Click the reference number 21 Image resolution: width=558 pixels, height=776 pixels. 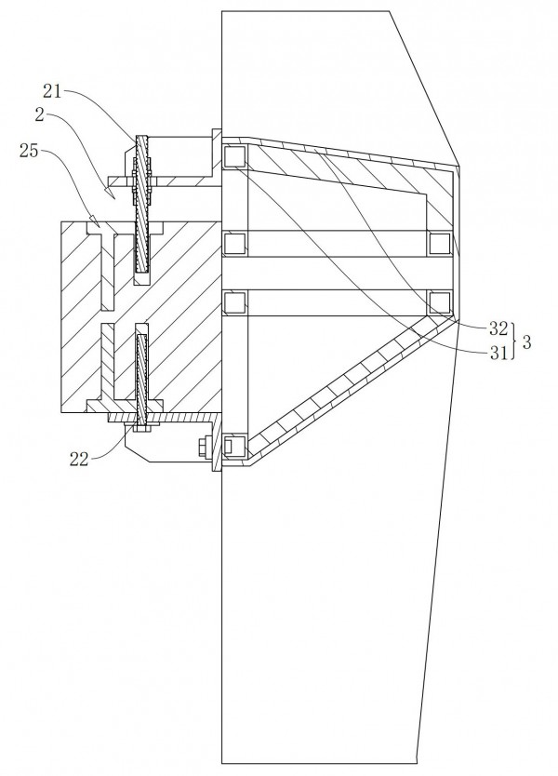click(52, 91)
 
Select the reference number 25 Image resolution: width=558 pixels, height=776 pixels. click(29, 151)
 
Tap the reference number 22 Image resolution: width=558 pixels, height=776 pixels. click(79, 460)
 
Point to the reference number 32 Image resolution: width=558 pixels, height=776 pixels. click(498, 328)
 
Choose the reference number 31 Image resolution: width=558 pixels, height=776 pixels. click(498, 353)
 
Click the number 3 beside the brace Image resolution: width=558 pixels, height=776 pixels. click(526, 341)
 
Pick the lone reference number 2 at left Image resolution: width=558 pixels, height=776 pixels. click(40, 114)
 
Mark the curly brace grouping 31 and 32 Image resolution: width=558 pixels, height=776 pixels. click(514, 341)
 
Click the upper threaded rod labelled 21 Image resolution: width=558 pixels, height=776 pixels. click(143, 204)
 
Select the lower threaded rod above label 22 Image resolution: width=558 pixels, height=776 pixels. click(142, 380)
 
